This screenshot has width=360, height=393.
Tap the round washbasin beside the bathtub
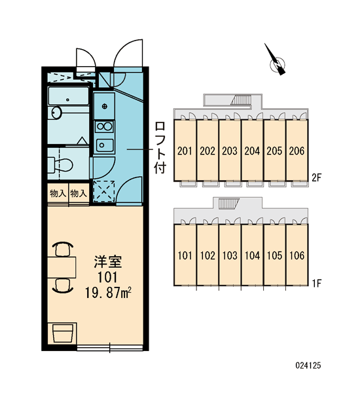click(x=56, y=112)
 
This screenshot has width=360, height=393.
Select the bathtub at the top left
click(x=68, y=96)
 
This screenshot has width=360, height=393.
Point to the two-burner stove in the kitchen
click(x=105, y=126)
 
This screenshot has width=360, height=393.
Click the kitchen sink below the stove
click(x=105, y=145)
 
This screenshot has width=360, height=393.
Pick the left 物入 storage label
click(x=58, y=193)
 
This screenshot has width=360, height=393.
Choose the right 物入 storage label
click(x=79, y=193)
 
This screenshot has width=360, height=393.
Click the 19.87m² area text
click(x=109, y=293)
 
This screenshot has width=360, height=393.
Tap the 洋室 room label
click(x=108, y=261)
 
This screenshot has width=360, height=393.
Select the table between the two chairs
click(x=62, y=267)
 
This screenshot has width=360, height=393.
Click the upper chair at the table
click(x=63, y=249)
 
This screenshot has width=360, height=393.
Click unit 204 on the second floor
click(x=252, y=151)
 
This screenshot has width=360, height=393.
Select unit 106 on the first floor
click(x=297, y=255)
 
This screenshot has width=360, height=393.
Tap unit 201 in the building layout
click(x=185, y=151)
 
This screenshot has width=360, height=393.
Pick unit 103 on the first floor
click(x=230, y=255)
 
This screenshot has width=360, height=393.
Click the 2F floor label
click(x=316, y=178)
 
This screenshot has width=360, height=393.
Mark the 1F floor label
click(x=316, y=283)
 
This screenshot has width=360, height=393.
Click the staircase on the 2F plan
click(x=241, y=100)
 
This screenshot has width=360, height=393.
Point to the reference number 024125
click(x=308, y=365)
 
